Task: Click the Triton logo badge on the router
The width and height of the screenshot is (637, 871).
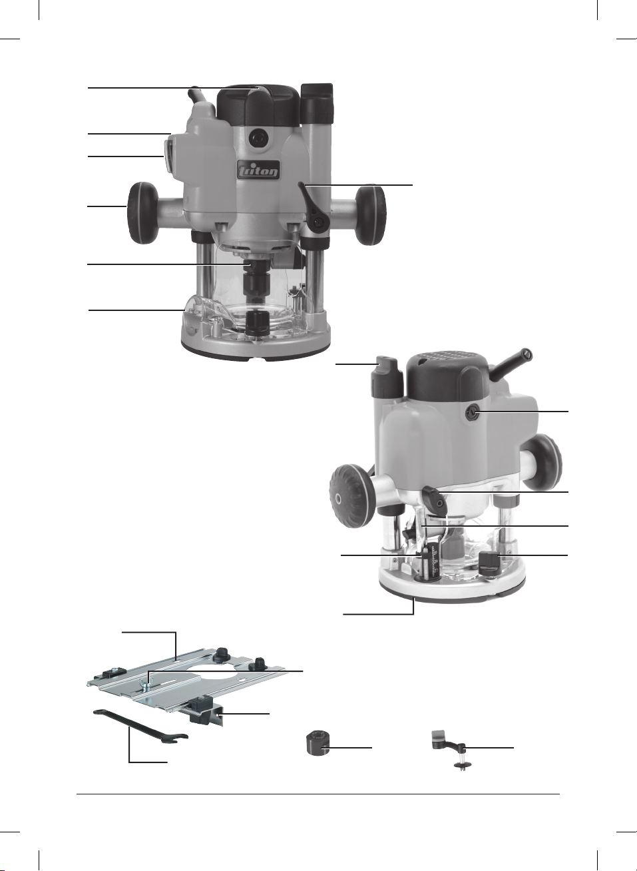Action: pyautogui.click(x=258, y=170)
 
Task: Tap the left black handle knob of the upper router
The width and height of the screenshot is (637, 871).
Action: pyautogui.click(x=142, y=213)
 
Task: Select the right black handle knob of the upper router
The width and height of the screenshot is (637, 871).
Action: pyautogui.click(x=371, y=216)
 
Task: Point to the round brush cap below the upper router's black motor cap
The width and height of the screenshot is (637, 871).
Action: pyautogui.click(x=258, y=138)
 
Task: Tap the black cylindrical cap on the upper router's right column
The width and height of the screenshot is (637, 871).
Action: pyautogui.click(x=318, y=103)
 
